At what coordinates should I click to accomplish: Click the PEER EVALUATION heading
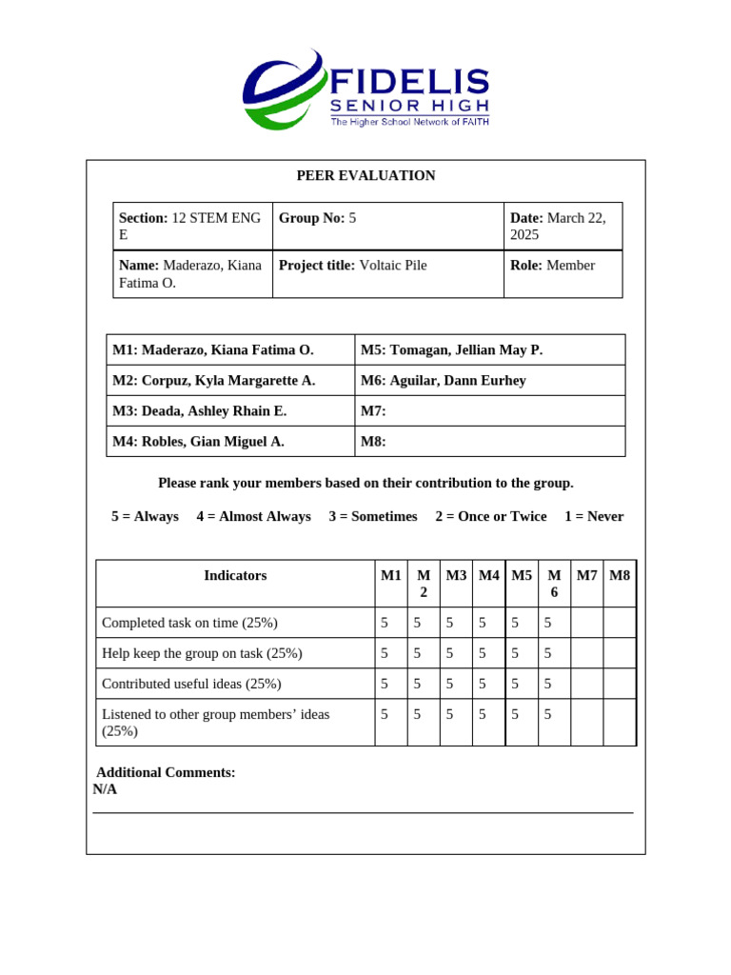(x=365, y=175)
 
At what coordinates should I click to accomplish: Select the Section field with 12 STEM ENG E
(x=192, y=226)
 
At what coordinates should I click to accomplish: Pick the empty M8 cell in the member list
(x=489, y=441)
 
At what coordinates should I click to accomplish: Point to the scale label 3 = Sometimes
(x=373, y=516)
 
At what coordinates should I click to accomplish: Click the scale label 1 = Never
(x=594, y=516)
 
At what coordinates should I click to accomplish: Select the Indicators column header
(x=235, y=575)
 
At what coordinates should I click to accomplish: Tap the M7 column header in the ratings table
(x=586, y=575)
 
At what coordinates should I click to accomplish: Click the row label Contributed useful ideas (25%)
(x=191, y=683)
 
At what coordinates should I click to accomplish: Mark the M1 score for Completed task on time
(x=385, y=622)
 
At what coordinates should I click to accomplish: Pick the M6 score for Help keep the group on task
(x=548, y=652)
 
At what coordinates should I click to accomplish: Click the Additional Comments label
(x=166, y=772)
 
